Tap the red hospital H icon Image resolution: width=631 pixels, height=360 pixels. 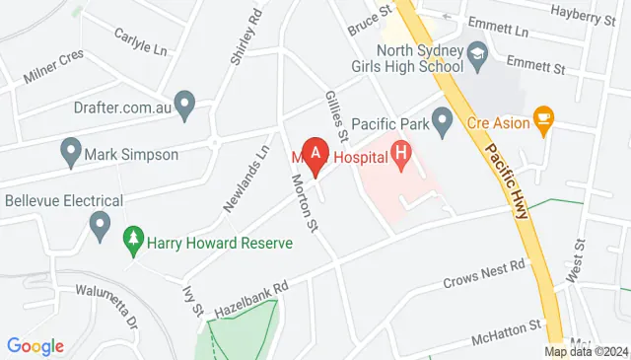[400, 153]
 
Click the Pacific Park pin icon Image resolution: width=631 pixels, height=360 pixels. [443, 123]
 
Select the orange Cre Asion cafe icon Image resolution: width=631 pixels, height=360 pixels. [541, 119]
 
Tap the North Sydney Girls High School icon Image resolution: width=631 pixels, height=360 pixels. [477, 50]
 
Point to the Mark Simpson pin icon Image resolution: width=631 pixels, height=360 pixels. [70, 153]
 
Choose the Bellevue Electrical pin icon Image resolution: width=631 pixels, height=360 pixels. [99, 226]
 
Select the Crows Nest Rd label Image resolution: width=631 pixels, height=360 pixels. [482, 272]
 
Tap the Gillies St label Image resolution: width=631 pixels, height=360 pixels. [337, 114]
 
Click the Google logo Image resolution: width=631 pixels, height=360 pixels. [35, 346]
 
